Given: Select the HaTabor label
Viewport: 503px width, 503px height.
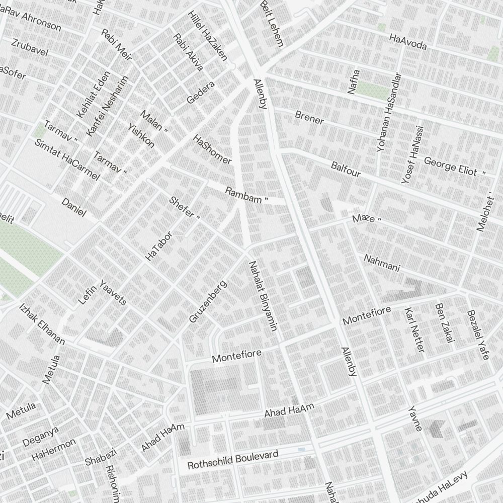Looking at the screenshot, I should point(158,246).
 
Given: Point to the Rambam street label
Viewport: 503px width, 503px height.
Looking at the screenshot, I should point(246,195).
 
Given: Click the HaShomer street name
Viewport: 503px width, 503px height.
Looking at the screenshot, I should point(212,149).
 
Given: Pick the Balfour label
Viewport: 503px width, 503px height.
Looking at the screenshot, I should point(346,169).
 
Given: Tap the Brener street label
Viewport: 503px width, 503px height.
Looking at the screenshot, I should point(309,117).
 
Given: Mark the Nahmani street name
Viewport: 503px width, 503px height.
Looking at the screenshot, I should point(381,264).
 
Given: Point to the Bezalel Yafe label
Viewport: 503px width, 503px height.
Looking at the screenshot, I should point(478,334).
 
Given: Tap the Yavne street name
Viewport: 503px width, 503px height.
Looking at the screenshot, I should point(415,418).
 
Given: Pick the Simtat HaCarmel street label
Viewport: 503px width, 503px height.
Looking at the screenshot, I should point(67,159).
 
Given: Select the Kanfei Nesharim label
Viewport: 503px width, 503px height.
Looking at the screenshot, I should point(107,106).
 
